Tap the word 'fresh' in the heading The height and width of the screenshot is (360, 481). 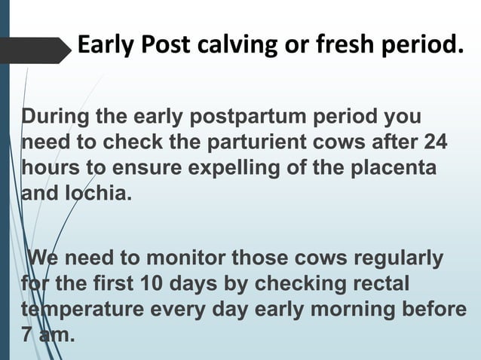click(337, 48)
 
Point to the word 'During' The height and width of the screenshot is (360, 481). click(54, 118)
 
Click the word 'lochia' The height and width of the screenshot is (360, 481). click(100, 191)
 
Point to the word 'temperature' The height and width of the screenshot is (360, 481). click(78, 310)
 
